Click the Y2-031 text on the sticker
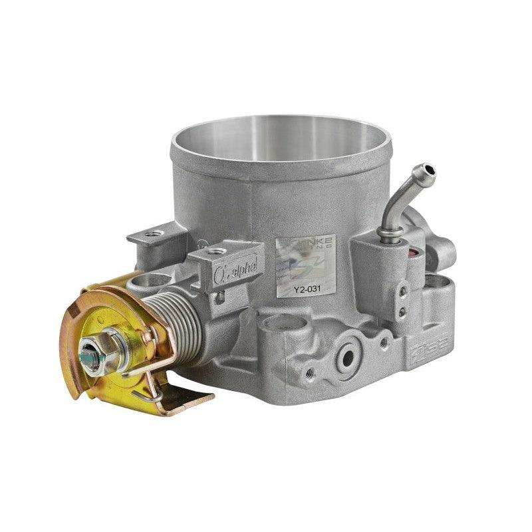296,289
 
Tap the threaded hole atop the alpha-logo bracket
217,251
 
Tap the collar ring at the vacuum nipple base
390,234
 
